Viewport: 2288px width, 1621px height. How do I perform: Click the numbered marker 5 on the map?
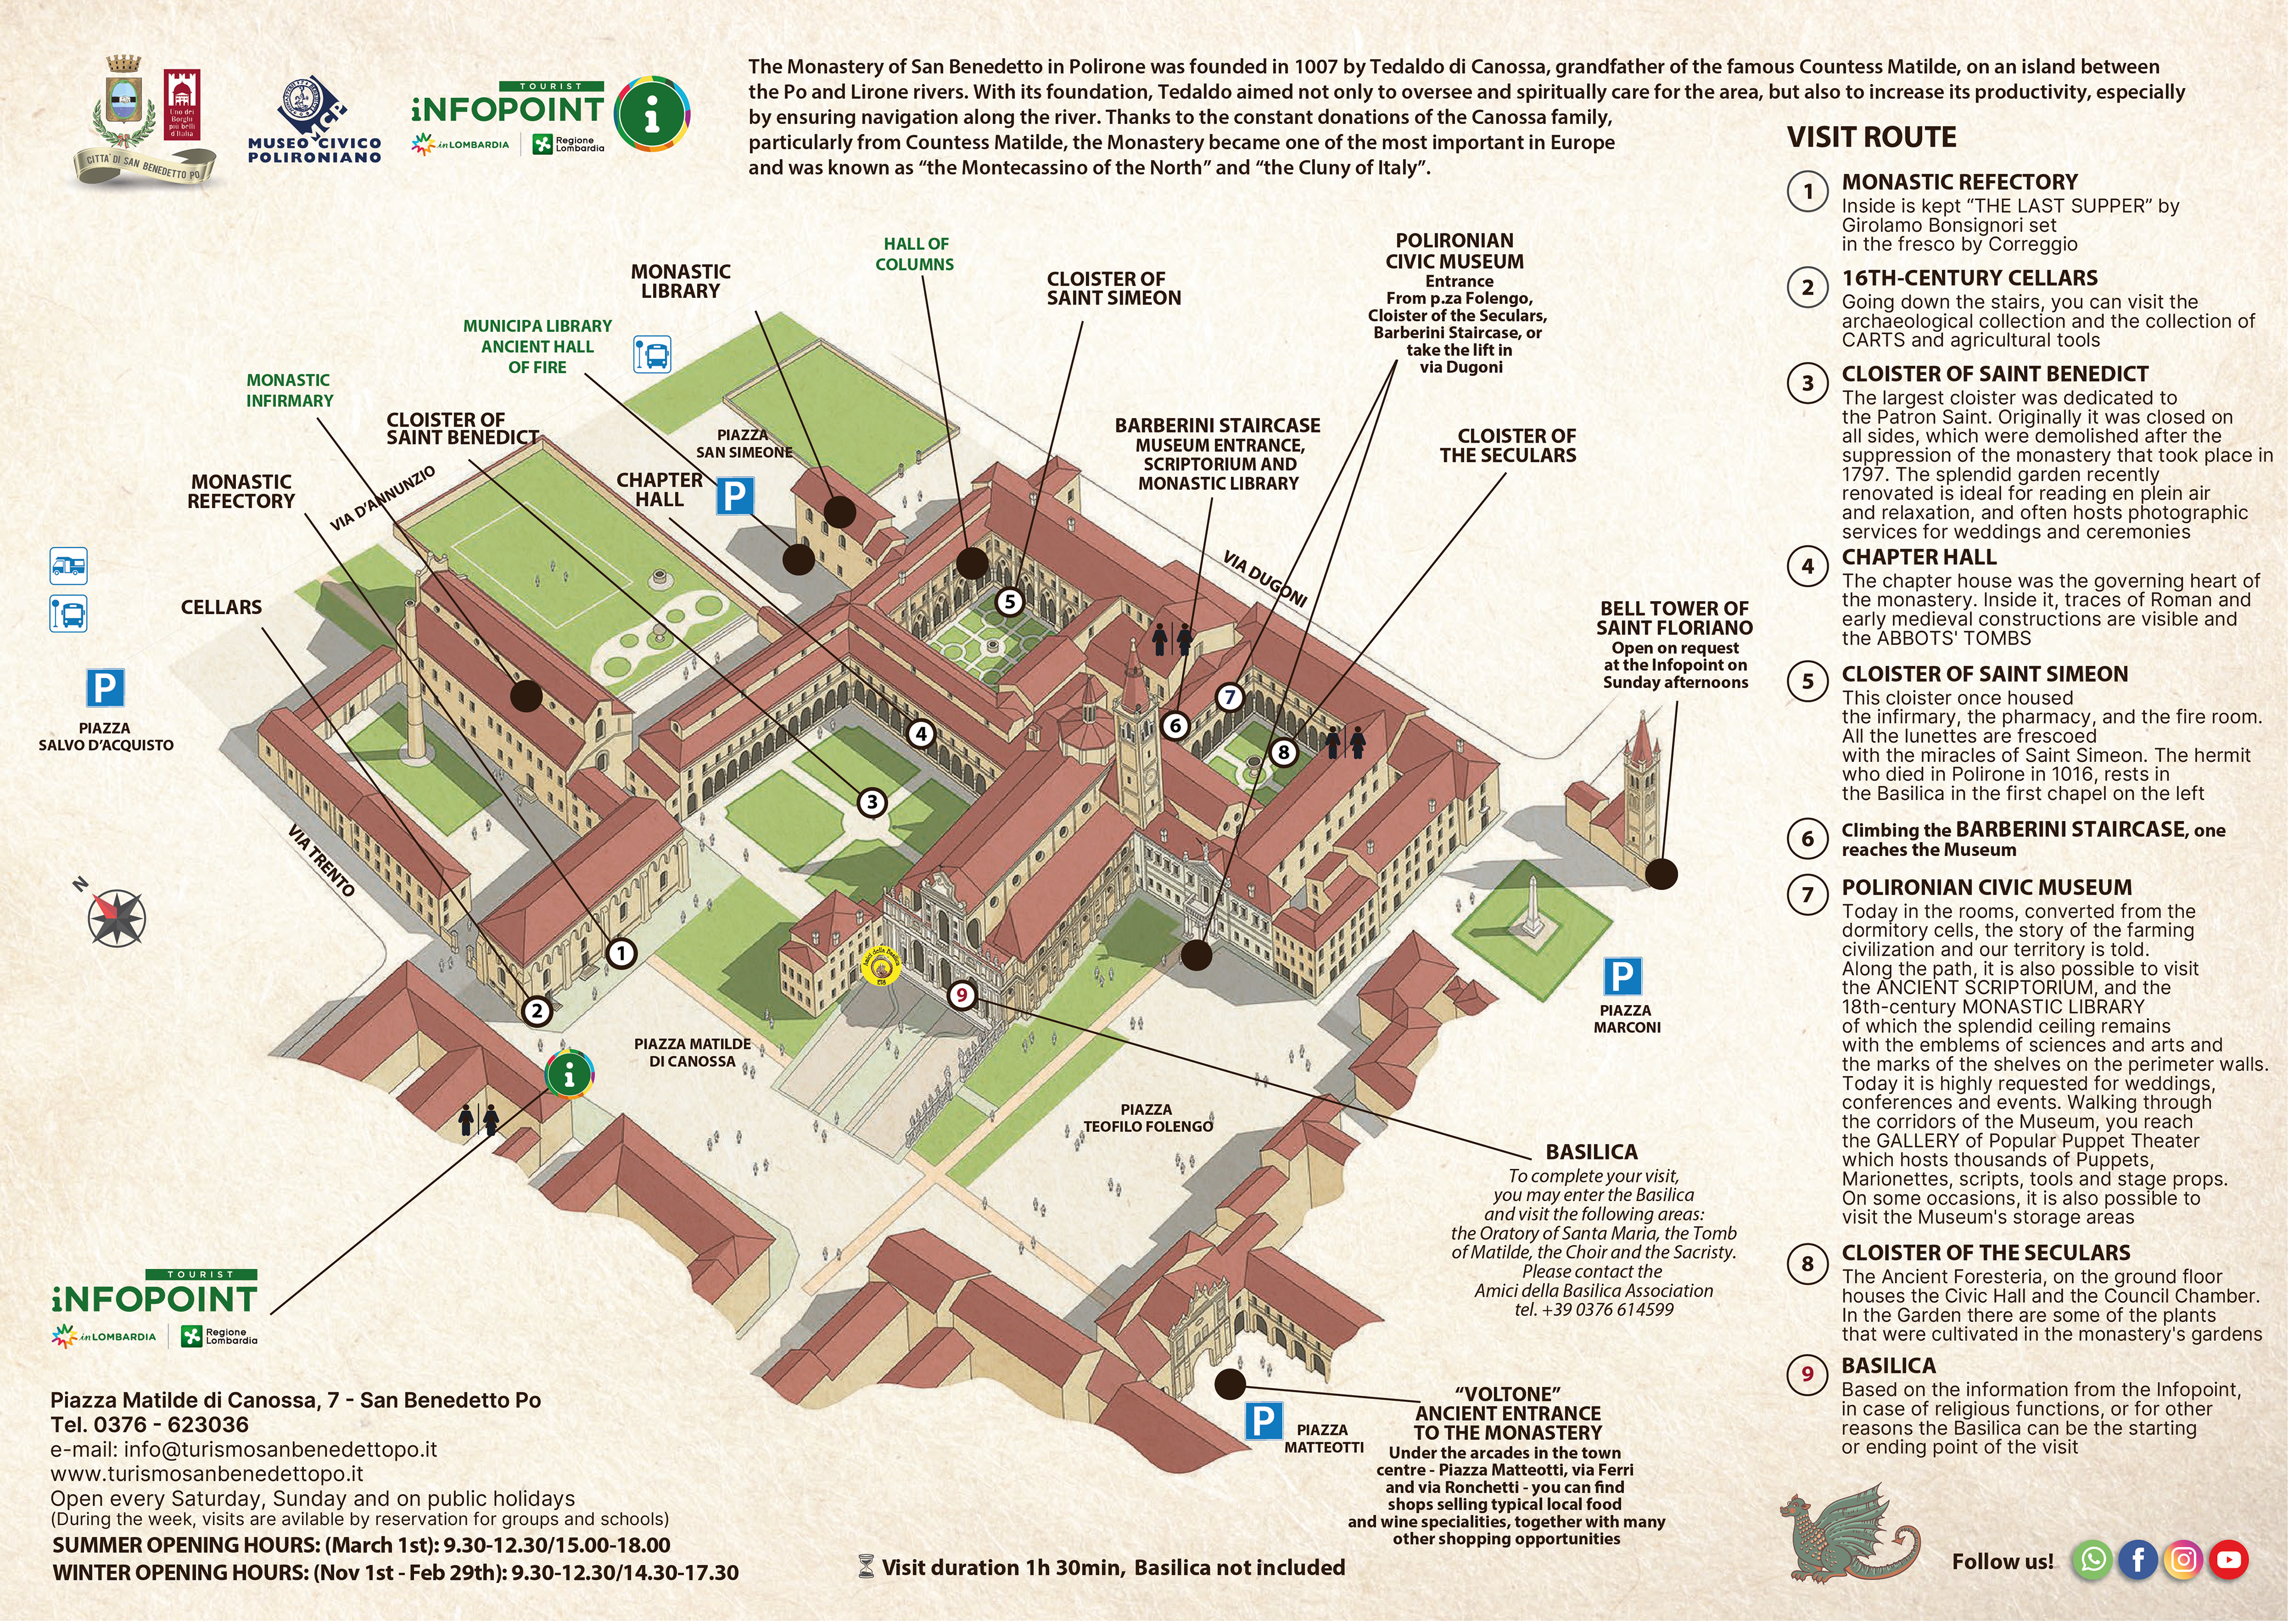[x=1010, y=601]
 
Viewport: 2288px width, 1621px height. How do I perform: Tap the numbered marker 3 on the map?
[x=872, y=801]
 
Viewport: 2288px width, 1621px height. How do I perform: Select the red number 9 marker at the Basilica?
[x=961, y=995]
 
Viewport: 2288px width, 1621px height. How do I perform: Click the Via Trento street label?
[x=321, y=860]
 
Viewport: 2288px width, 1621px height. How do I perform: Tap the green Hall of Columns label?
[x=915, y=254]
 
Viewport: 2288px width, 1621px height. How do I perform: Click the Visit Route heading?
[x=1872, y=137]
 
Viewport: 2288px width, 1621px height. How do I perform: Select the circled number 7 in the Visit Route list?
[x=1807, y=894]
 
